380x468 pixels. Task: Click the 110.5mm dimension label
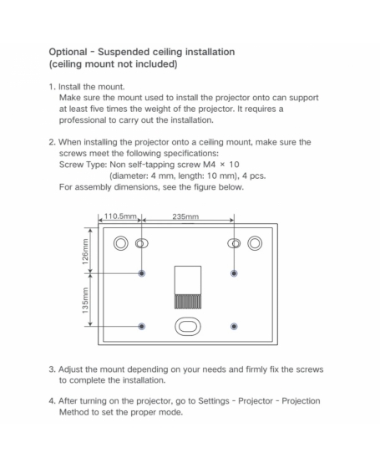[120, 216]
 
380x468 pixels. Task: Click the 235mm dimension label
[185, 216]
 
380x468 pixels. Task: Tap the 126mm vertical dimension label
[85, 252]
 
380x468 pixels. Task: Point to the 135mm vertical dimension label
[85, 301]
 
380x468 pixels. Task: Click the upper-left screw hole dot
[142, 273]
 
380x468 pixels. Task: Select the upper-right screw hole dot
[234, 273]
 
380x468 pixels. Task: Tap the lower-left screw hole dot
[142, 327]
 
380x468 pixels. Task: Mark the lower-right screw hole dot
[234, 327]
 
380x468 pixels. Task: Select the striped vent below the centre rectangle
[188, 302]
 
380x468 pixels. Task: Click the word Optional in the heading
[68, 52]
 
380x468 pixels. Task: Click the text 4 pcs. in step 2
[254, 175]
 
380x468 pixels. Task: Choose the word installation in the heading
[210, 52]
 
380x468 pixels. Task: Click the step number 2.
[52, 142]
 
